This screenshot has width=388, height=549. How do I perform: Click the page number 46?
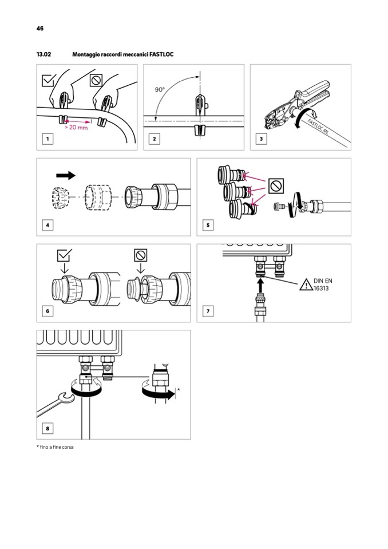point(39,28)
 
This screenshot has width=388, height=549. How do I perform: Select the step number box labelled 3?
point(262,138)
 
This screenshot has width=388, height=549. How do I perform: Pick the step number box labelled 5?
point(208,225)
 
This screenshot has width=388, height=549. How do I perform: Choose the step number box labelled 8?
point(47,428)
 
